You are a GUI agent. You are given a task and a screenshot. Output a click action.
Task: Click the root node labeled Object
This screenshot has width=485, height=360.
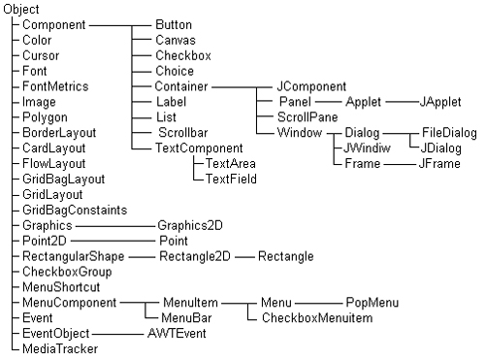pos(21,9)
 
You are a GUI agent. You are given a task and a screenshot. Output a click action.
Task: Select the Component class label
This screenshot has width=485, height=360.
pos(54,25)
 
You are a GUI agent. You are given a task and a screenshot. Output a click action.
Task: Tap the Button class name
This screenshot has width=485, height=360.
pos(174,24)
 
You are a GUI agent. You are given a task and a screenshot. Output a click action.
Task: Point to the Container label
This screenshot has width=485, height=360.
pos(181,86)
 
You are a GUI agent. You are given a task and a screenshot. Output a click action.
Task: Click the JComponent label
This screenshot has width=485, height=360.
pos(311,86)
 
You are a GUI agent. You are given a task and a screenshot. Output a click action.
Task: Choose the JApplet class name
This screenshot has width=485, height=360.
pos(440,102)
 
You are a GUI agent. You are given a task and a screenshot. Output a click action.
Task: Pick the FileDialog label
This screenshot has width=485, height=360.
pos(449,133)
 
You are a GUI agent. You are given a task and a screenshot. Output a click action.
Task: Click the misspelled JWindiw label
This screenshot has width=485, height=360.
pos(367,147)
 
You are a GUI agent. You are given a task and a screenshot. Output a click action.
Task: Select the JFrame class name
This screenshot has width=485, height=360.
pos(439,163)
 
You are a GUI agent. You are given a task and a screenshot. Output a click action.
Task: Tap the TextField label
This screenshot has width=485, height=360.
pos(231,179)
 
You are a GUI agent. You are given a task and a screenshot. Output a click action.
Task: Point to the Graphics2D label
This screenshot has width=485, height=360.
pos(190,225)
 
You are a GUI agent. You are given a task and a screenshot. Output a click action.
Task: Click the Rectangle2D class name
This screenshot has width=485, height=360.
pos(195,256)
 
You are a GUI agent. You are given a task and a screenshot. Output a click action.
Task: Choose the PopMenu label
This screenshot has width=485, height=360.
pos(372,303)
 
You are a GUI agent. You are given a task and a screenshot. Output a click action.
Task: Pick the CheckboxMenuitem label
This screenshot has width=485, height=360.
pos(317,318)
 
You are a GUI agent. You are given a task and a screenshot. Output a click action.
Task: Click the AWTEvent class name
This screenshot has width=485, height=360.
pos(177,333)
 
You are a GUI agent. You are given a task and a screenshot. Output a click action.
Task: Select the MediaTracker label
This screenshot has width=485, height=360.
pos(60,348)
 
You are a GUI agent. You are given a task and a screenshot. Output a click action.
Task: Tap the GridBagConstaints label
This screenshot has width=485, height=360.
pos(75,210)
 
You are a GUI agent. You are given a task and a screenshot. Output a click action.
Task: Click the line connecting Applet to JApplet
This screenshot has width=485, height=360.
pos(403,102)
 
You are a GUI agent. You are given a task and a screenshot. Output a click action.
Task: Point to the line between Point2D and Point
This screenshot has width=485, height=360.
pos(113,241)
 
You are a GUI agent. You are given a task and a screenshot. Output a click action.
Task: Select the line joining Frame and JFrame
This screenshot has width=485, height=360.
pos(400,164)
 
